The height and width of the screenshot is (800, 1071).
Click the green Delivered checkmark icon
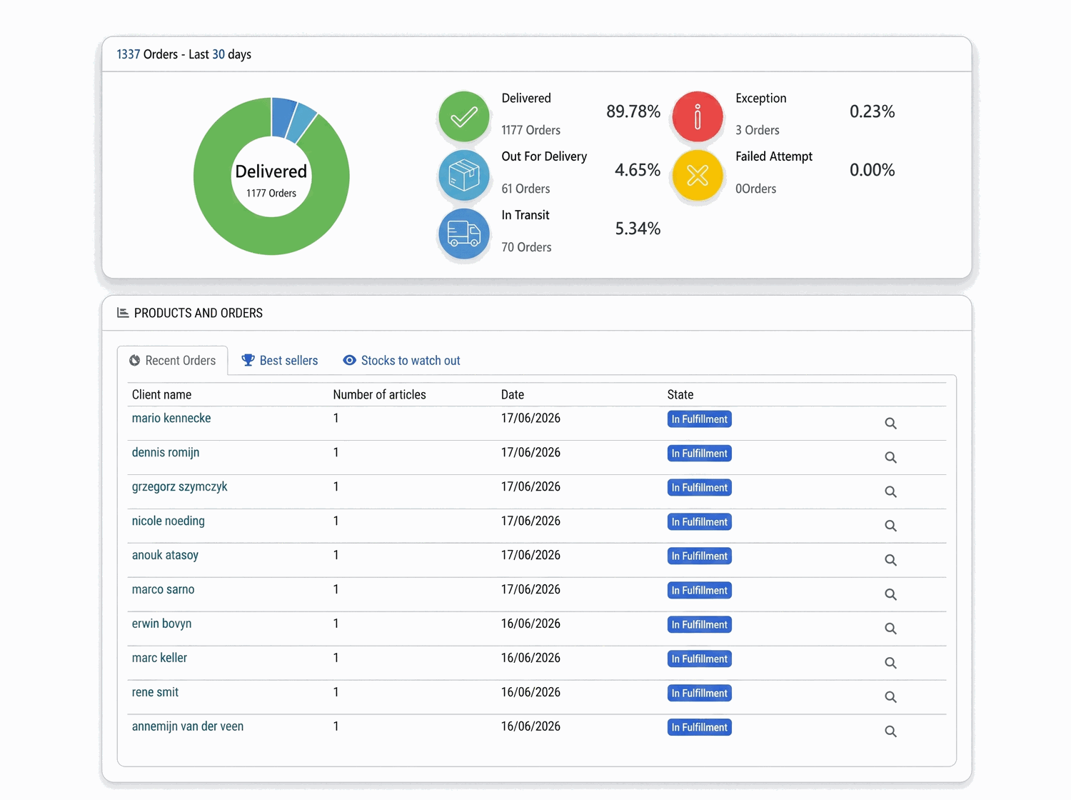click(x=463, y=116)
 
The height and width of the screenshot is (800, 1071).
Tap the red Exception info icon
click(x=698, y=116)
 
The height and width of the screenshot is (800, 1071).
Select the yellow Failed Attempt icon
click(x=698, y=175)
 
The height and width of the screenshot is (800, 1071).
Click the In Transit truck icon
click(x=463, y=234)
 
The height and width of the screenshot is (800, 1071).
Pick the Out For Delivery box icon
click(x=463, y=175)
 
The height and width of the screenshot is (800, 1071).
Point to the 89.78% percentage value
click(x=633, y=111)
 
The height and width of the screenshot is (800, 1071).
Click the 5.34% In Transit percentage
click(x=637, y=229)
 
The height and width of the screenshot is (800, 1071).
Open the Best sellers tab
click(x=280, y=360)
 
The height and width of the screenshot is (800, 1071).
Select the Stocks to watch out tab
click(x=401, y=360)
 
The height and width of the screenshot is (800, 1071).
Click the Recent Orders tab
click(x=172, y=360)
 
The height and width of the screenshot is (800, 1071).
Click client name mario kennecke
click(x=171, y=418)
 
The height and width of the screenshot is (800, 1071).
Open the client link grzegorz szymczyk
click(x=179, y=486)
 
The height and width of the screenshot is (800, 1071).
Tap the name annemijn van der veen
click(x=187, y=726)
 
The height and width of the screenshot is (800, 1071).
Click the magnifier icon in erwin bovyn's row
click(x=890, y=629)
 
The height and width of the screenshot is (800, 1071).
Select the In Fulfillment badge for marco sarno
click(x=699, y=590)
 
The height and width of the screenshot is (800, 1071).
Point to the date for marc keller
click(x=531, y=658)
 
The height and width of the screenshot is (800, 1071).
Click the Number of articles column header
click(x=379, y=394)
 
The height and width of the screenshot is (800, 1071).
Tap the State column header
click(x=680, y=394)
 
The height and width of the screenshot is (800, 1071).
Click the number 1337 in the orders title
click(x=128, y=54)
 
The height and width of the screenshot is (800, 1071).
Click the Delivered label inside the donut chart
click(x=271, y=171)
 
